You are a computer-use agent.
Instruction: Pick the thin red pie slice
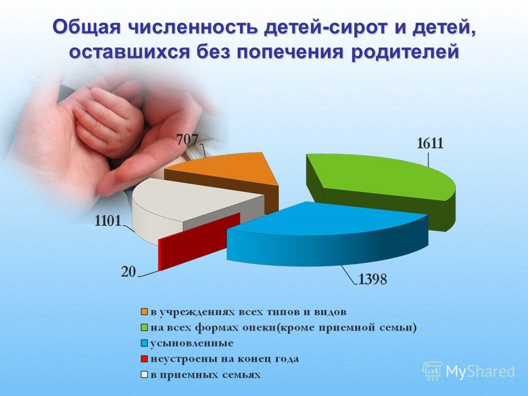click(199, 241)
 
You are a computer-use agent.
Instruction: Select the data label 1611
click(430, 144)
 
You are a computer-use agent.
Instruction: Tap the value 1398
click(373, 279)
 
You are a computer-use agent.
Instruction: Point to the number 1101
click(108, 221)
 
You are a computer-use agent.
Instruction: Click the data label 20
click(128, 272)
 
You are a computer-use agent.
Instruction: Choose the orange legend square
click(145, 312)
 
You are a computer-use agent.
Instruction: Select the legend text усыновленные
click(192, 343)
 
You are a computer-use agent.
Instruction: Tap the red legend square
click(145, 359)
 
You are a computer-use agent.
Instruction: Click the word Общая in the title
click(86, 27)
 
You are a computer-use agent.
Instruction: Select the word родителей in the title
click(405, 52)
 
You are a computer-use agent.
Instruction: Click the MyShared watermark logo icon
click(432, 371)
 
